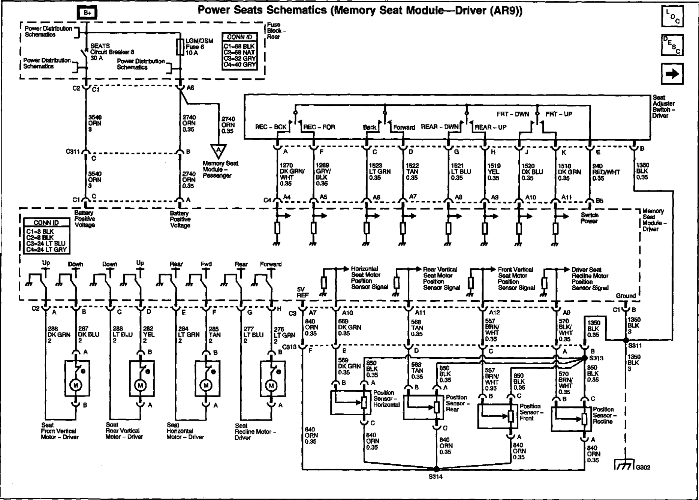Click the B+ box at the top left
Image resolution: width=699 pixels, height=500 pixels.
(87, 13)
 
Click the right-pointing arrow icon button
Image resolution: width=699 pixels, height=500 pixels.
(672, 73)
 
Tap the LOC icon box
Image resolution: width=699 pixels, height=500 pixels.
(672, 17)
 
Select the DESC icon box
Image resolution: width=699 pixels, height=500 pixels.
(672, 45)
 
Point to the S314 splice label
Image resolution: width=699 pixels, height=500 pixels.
(436, 477)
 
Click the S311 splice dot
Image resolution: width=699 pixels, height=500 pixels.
(626, 340)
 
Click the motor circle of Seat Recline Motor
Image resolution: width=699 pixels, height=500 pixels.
(271, 385)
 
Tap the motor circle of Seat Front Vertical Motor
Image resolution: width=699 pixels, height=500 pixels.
(76, 385)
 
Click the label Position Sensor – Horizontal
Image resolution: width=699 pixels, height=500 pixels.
(386, 398)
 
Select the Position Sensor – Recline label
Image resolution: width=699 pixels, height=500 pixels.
(603, 415)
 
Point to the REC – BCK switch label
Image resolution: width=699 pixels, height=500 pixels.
(271, 127)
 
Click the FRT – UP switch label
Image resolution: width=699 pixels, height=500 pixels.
(559, 114)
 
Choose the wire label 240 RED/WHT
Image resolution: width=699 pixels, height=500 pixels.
(606, 172)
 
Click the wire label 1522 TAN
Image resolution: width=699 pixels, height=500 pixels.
(412, 172)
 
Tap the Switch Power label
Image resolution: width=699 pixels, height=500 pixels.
(590, 218)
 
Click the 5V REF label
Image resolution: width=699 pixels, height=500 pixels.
(302, 292)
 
